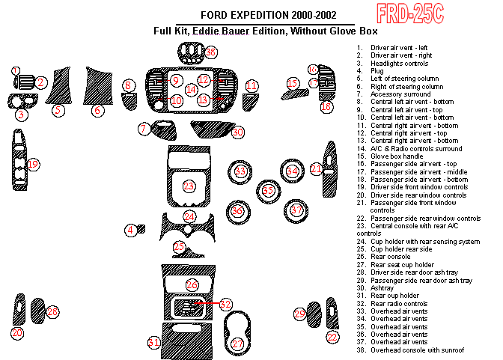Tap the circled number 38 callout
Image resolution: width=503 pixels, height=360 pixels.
pos(212,52)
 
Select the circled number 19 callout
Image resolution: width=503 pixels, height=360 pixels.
pos(33,164)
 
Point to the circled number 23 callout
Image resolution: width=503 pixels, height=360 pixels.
pos(189,186)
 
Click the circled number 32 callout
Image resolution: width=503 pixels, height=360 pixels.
pos(225,305)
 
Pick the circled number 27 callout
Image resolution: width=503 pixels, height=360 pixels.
pos(237,344)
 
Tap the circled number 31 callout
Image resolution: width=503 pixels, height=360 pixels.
pos(154,343)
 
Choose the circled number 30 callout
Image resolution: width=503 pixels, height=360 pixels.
pos(238,132)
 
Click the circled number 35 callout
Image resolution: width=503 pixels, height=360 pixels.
pos(268,191)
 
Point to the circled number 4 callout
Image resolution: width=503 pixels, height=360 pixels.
pos(131,230)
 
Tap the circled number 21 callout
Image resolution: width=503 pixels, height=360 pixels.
pos(317,170)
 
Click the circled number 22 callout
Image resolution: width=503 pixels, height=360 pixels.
pos(332,337)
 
